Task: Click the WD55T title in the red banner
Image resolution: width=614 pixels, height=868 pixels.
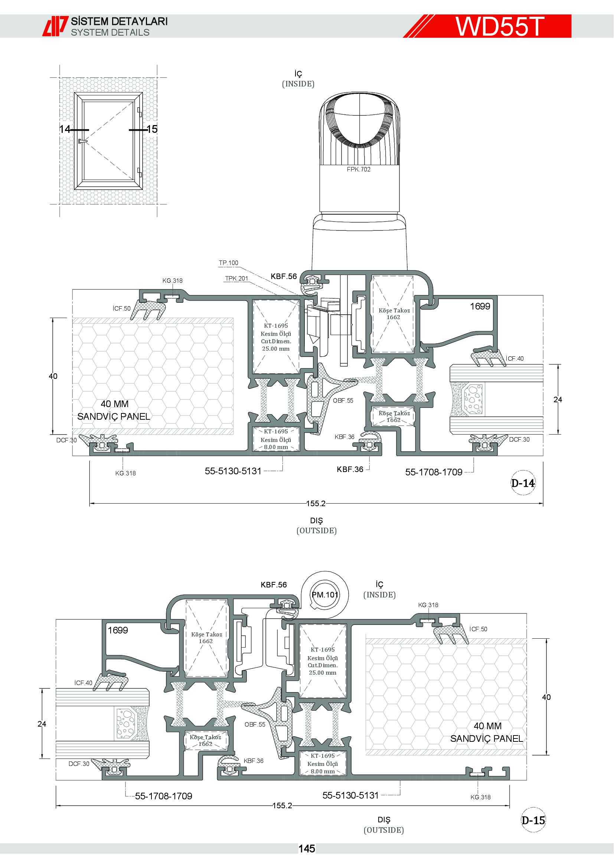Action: (x=499, y=26)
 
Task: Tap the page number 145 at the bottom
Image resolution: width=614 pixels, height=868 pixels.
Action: (x=307, y=849)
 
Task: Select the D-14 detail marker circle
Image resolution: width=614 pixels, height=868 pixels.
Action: (x=523, y=483)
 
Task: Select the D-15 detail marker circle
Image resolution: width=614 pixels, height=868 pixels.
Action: (x=533, y=820)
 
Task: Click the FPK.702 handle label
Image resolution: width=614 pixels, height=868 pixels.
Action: (x=359, y=169)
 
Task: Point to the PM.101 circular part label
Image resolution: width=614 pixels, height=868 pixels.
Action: (x=325, y=594)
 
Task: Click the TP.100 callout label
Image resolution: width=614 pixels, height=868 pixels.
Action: (x=228, y=263)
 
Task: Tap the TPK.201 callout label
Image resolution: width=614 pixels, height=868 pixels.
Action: (x=237, y=278)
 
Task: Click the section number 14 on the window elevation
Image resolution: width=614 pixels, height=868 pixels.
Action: (x=65, y=129)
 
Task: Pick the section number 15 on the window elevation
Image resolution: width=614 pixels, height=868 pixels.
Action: (x=151, y=129)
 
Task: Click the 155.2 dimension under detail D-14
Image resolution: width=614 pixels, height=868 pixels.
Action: (x=316, y=503)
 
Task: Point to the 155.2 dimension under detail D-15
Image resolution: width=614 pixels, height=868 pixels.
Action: (x=282, y=805)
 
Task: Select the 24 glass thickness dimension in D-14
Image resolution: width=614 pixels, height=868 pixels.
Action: (x=558, y=399)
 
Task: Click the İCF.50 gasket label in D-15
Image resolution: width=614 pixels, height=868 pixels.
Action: (x=478, y=629)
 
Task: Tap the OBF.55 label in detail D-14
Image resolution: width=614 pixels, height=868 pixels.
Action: (x=343, y=400)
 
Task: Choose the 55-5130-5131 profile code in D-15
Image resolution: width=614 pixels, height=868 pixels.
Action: (x=350, y=795)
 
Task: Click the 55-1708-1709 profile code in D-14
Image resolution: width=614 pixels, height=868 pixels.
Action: (x=434, y=472)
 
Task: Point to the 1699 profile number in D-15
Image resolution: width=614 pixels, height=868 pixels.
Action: (x=118, y=630)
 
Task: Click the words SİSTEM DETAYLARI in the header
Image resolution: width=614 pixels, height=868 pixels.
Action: (x=120, y=21)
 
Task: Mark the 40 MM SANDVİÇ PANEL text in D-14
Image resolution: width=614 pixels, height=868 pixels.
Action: (x=114, y=410)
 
